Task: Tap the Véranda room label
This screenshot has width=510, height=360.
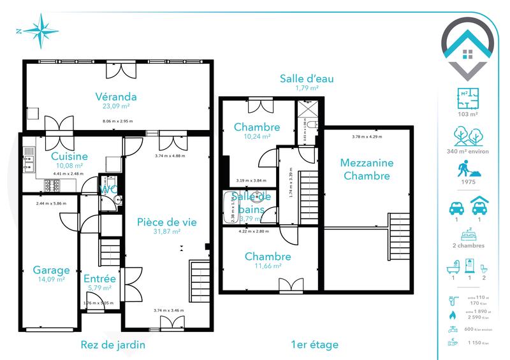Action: click(x=117, y=97)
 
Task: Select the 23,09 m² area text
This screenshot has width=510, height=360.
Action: click(x=117, y=107)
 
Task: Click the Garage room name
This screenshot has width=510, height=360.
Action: click(x=51, y=270)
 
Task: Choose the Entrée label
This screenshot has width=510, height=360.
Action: click(x=99, y=278)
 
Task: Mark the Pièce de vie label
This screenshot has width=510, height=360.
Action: click(x=167, y=222)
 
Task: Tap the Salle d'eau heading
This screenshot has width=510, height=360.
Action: click(x=307, y=79)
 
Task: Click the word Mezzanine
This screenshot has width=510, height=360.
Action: click(x=367, y=162)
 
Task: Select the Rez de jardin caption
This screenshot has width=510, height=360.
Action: click(x=113, y=345)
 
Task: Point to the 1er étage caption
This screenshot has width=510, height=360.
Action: click(x=314, y=345)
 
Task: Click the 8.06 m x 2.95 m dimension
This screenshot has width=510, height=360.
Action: click(x=117, y=121)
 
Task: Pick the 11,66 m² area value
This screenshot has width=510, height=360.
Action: click(x=268, y=266)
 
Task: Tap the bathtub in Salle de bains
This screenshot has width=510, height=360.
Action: click(x=230, y=208)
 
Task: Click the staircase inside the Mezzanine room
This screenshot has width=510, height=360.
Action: click(x=400, y=235)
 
